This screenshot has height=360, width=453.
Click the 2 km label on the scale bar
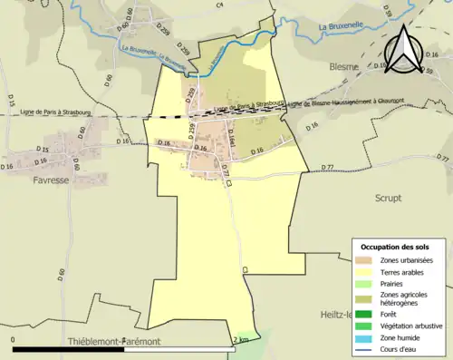pyautogui.click(x=240, y=340)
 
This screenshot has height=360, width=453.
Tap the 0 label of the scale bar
pyautogui.click(x=14, y=340)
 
